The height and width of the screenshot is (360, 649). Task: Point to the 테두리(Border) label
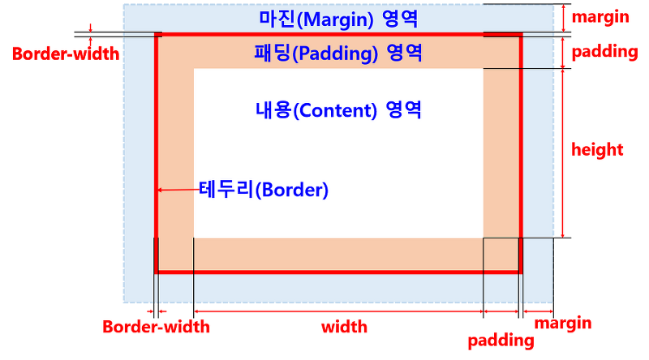point(263,191)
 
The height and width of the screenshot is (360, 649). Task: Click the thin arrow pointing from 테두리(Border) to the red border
point(178,191)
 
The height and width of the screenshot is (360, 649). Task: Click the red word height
point(597,149)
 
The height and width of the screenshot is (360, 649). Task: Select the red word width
point(344,328)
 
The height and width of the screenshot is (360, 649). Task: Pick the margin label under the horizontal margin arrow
point(563,324)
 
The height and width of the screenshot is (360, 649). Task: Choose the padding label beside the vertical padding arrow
point(604,53)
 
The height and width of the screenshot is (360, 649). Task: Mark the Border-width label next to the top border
point(65,54)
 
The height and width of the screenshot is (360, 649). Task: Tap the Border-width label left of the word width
point(156,328)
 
